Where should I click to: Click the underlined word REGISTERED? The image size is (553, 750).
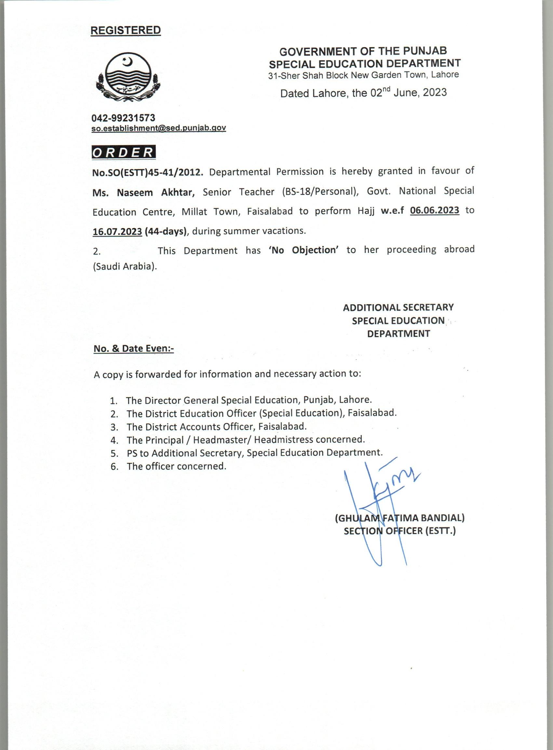(x=126, y=31)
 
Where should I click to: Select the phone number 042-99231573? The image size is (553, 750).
(x=124, y=118)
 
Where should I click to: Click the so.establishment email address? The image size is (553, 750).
(x=159, y=128)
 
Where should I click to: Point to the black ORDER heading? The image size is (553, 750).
(x=124, y=153)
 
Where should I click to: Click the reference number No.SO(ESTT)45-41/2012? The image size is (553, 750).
(x=148, y=172)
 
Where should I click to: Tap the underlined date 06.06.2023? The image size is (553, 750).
(x=435, y=210)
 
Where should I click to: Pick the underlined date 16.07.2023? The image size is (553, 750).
(x=117, y=231)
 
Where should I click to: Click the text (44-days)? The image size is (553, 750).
(x=166, y=231)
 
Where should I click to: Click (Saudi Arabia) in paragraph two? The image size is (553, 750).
(x=125, y=267)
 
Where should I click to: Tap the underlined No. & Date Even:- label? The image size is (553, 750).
(x=134, y=348)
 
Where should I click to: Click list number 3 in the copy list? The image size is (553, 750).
(x=115, y=427)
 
